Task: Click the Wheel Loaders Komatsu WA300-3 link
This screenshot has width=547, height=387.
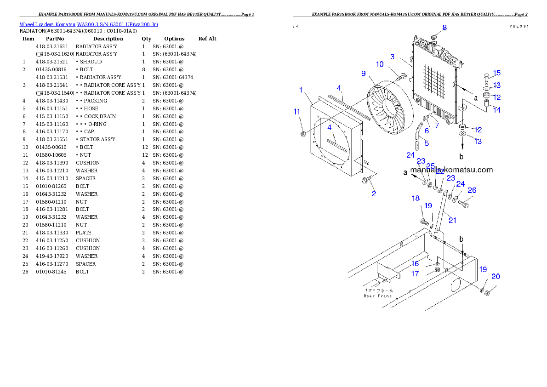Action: point(89,24)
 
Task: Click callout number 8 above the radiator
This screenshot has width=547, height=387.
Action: point(444,28)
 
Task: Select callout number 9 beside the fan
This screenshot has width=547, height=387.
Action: point(363,74)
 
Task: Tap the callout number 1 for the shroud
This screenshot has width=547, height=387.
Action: point(301,90)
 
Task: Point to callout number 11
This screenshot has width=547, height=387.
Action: point(297,112)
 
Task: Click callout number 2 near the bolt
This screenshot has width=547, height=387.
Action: point(374,193)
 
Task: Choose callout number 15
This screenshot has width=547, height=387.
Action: point(497,73)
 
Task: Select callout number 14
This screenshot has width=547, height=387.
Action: point(497,110)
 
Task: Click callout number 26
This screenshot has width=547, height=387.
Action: point(472,190)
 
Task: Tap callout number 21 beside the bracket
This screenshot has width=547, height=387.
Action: point(452,221)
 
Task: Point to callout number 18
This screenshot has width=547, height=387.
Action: point(416,198)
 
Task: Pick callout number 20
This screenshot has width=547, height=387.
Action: point(496,277)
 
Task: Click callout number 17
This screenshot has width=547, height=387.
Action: point(415,273)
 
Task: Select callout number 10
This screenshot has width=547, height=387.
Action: point(380,64)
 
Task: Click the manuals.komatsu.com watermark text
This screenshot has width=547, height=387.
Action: point(451,170)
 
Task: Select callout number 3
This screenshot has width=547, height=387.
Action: point(392,57)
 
